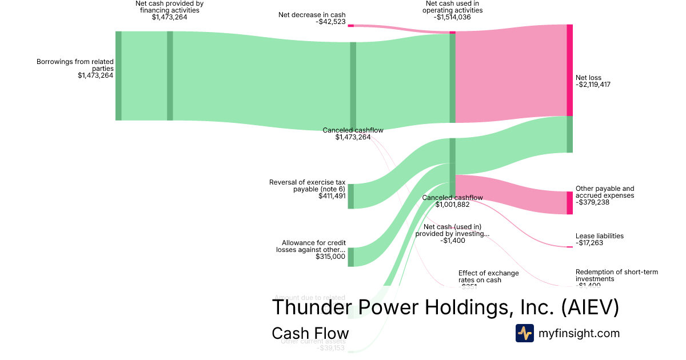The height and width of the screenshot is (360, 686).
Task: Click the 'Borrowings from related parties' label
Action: tap(75, 65)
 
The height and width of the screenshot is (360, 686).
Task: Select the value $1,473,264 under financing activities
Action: tap(169, 17)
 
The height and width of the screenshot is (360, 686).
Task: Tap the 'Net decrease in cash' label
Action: tap(312, 15)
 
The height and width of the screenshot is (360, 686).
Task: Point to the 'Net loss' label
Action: tap(588, 78)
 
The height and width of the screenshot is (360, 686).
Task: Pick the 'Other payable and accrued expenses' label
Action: tap(605, 192)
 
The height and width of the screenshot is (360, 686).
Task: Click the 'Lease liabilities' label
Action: tap(599, 236)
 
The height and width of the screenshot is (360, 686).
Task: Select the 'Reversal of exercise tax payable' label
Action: tap(307, 186)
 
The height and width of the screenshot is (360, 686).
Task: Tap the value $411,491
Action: tap(332, 196)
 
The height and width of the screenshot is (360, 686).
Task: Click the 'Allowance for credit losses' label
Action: tap(310, 246)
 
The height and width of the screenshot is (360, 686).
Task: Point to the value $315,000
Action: tap(330, 257)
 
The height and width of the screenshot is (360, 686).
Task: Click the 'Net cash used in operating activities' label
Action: tap(452, 7)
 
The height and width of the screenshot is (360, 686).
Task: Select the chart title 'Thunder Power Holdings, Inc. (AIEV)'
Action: tap(445, 307)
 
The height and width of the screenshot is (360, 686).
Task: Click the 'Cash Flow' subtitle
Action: tap(310, 333)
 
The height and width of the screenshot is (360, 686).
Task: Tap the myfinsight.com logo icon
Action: tap(524, 333)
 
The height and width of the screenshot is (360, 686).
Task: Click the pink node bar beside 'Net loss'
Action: tap(569, 70)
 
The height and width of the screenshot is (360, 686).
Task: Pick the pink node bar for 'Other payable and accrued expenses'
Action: tap(569, 203)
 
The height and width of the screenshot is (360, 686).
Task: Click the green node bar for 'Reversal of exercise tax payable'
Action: tap(351, 196)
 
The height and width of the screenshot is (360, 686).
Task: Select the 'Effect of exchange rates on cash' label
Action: tap(488, 277)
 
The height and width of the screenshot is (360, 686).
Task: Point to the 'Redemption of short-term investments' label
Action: tap(616, 275)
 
